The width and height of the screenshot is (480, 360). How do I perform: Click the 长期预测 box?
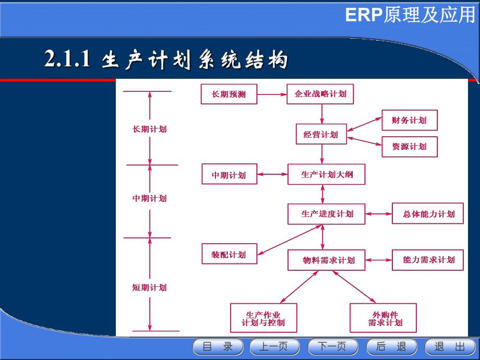(x=229, y=94)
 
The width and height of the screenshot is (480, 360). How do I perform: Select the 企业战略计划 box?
(x=320, y=94)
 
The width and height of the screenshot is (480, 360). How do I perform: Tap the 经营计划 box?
(x=320, y=135)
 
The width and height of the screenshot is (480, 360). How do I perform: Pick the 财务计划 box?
(x=409, y=121)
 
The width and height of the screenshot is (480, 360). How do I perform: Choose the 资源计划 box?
(x=409, y=147)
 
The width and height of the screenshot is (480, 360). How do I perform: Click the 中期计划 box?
(x=229, y=175)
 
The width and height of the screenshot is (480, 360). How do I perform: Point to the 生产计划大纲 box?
(x=327, y=175)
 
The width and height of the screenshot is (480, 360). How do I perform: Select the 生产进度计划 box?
(x=327, y=214)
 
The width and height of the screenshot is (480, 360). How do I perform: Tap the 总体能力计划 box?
(x=428, y=214)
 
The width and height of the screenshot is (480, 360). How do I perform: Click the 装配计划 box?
(x=229, y=254)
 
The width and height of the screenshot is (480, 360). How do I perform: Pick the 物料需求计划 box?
(x=327, y=260)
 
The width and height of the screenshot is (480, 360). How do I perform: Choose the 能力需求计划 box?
(x=428, y=260)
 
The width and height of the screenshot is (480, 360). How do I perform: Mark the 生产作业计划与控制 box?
(x=263, y=318)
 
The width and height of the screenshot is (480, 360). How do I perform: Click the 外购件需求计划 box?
(x=384, y=318)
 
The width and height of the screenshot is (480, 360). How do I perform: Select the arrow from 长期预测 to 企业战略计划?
(x=272, y=94)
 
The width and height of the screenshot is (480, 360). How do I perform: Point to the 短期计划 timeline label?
(x=150, y=287)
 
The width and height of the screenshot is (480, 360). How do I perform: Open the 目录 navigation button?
(x=218, y=347)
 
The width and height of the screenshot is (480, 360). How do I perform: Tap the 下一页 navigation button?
(x=333, y=347)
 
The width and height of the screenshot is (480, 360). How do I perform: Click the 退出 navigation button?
(x=450, y=347)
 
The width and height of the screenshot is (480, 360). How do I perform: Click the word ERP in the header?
(x=364, y=16)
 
